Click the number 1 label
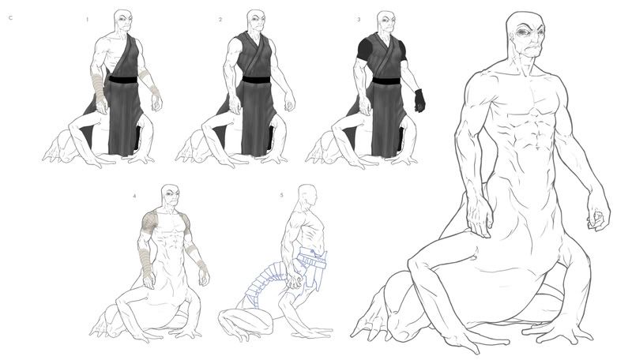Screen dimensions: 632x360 click(x=87, y=19)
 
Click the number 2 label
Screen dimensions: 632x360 click(x=220, y=19)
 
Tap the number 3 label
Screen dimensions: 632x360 click(x=359, y=19)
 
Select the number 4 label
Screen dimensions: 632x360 click(x=134, y=196)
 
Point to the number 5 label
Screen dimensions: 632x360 click(x=282, y=195)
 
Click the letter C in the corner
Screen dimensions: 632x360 click(x=11, y=18)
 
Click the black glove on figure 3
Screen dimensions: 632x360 click(x=419, y=101)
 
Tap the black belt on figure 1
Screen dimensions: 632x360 click(x=123, y=80)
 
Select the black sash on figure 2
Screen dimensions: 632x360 click(x=256, y=80)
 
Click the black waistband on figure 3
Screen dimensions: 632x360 click(x=386, y=81)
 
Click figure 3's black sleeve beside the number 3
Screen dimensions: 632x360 click(x=366, y=48)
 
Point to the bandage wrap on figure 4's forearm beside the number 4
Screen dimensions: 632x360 click(x=145, y=263)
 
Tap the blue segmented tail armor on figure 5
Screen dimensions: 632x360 click(x=262, y=282)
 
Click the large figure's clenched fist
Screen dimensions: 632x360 click(x=598, y=217)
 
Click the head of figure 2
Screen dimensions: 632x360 click(x=256, y=21)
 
